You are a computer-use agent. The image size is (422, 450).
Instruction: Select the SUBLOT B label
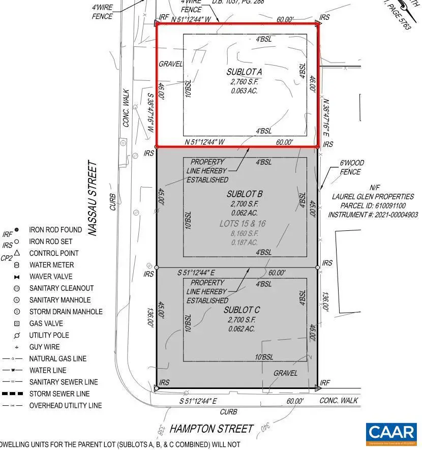click(x=245, y=194)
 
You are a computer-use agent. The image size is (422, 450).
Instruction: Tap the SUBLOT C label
click(x=242, y=310)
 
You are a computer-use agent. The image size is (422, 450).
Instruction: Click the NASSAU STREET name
click(x=92, y=198)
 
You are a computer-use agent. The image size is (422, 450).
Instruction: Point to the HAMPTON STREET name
click(x=211, y=429)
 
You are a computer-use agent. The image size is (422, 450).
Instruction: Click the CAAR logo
click(x=391, y=433)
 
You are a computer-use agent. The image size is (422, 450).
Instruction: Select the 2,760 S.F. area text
click(x=245, y=81)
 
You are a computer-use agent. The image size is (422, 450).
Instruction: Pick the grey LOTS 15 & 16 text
click(x=243, y=224)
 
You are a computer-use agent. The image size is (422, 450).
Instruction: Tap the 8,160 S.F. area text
click(x=245, y=233)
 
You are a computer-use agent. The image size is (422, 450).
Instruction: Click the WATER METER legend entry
click(x=51, y=265)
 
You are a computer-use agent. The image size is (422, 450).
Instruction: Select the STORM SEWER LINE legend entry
click(x=59, y=394)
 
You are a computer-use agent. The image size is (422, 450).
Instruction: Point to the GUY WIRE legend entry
click(x=45, y=347)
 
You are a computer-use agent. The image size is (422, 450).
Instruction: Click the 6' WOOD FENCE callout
click(x=352, y=167)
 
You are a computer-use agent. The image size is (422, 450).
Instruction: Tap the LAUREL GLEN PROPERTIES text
click(x=373, y=197)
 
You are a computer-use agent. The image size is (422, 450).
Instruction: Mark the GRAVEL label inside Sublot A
click(x=170, y=64)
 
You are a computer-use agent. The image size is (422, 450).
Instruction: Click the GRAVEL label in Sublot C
click(x=285, y=373)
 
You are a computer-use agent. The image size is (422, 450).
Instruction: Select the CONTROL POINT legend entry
click(x=54, y=253)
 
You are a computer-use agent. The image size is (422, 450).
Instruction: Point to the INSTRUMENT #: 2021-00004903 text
click(x=373, y=215)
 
